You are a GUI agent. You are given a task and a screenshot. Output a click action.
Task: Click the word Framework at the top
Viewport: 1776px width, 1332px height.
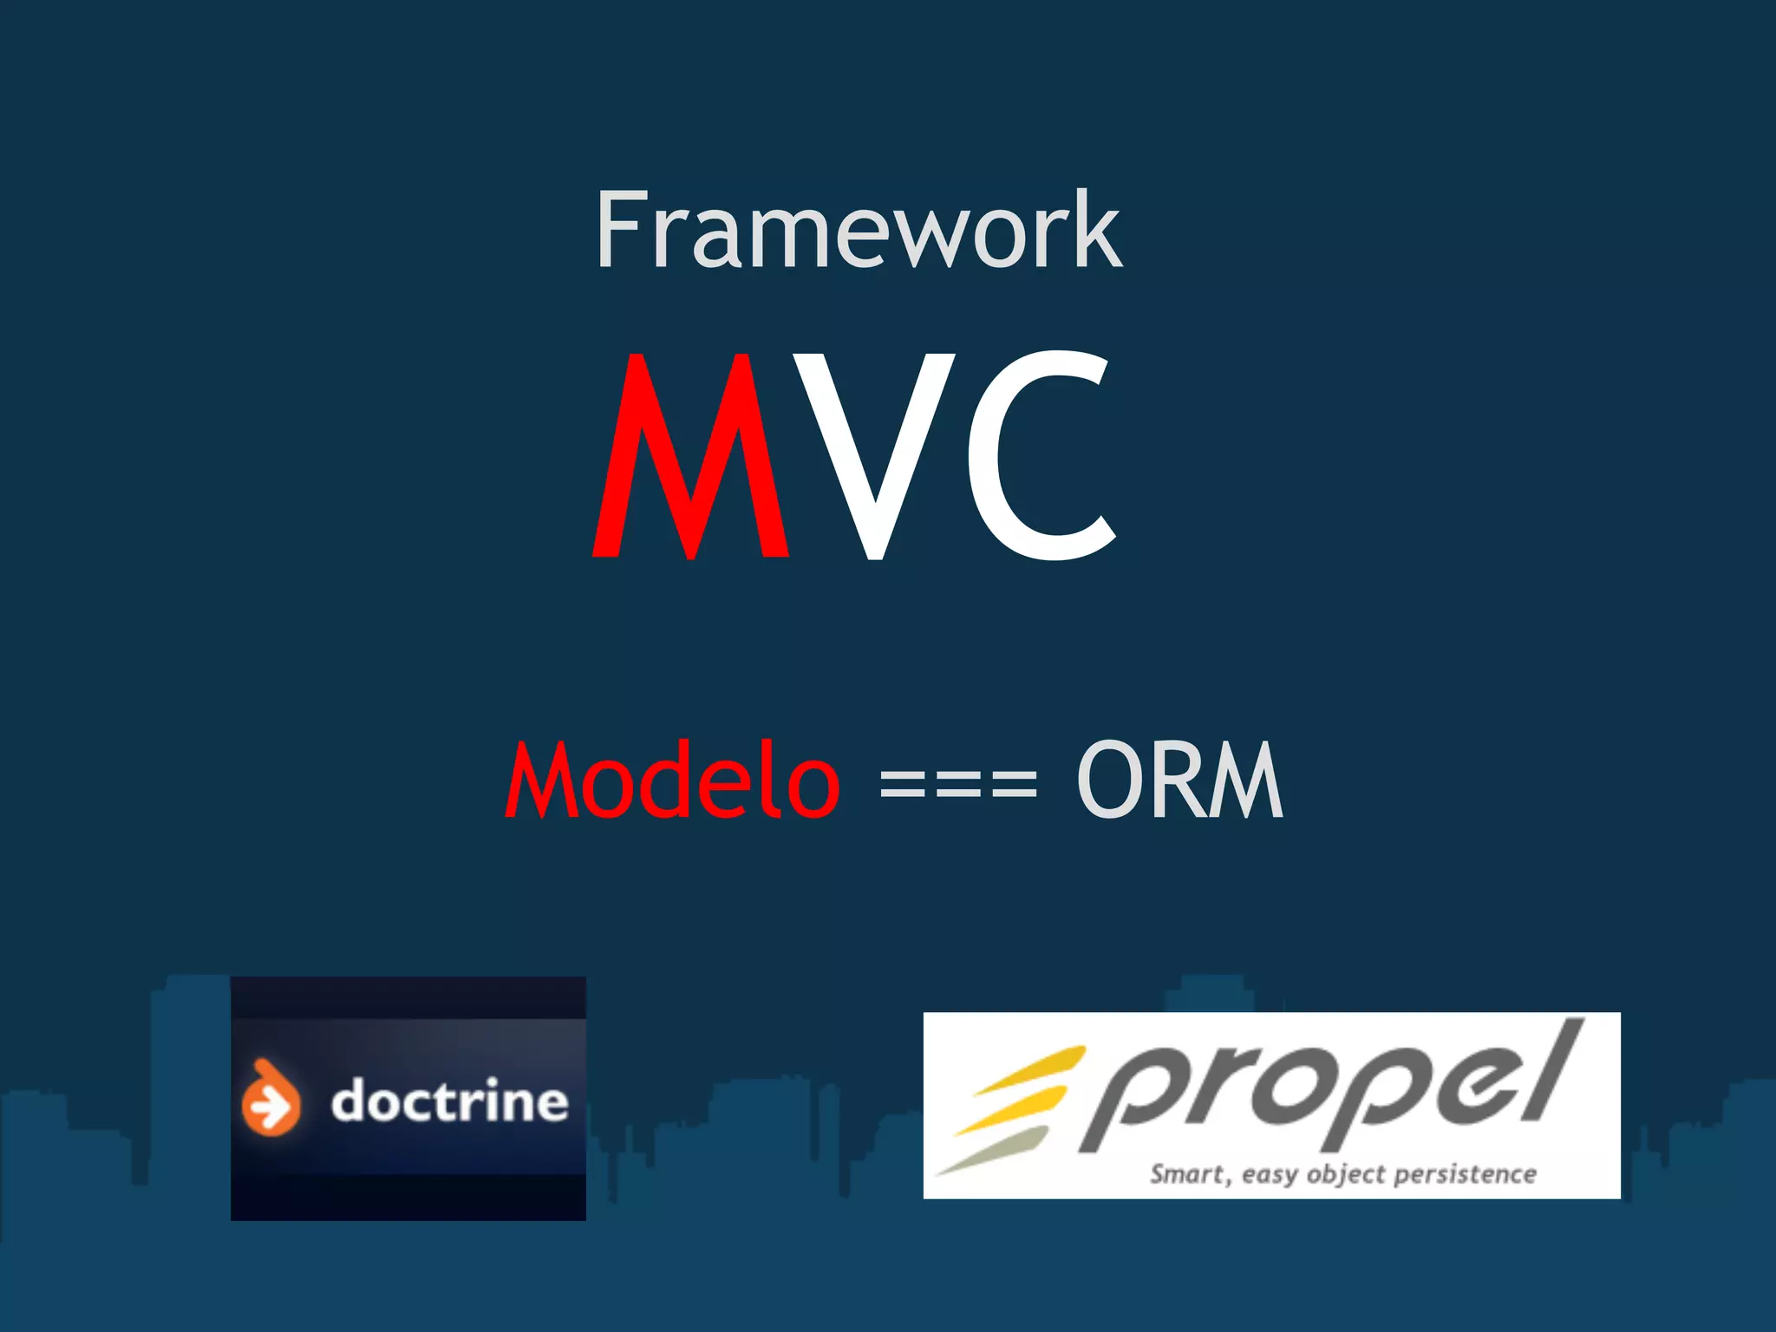tap(859, 230)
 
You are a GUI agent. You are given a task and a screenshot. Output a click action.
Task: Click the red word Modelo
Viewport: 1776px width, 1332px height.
tap(673, 780)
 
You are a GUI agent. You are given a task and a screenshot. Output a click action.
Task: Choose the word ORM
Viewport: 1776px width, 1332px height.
tap(1179, 780)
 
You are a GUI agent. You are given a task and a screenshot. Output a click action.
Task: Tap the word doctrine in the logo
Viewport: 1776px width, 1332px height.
tap(449, 1101)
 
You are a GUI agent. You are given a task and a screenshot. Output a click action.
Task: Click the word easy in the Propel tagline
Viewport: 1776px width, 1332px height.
tap(1270, 1176)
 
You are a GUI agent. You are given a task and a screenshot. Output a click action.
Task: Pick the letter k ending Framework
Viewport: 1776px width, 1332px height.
tap(1097, 230)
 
